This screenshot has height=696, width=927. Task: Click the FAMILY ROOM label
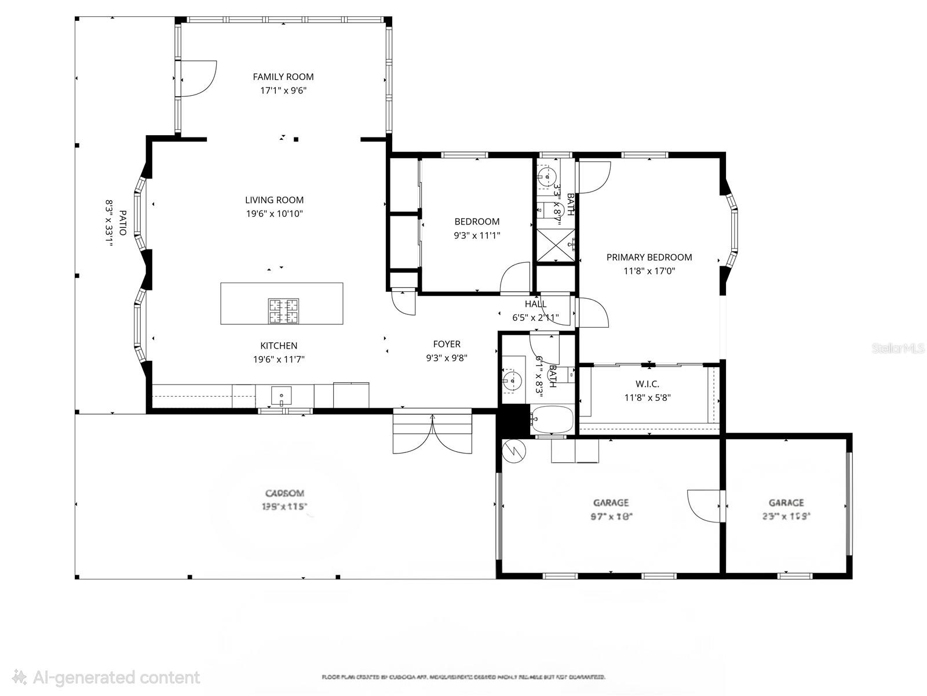click(x=283, y=77)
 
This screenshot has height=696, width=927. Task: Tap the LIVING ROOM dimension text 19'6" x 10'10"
click(x=274, y=214)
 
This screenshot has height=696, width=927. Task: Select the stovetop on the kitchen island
click(x=283, y=310)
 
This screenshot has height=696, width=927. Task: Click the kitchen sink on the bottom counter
click(x=282, y=396)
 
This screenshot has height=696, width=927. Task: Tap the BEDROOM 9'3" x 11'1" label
click(x=476, y=222)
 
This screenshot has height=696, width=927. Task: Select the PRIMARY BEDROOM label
click(x=649, y=258)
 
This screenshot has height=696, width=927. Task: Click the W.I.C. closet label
click(x=647, y=384)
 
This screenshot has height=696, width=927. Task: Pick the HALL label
click(x=535, y=304)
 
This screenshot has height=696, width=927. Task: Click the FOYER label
click(x=446, y=345)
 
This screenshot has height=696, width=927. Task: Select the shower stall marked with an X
click(x=556, y=245)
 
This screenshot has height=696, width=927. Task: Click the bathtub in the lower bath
click(x=552, y=419)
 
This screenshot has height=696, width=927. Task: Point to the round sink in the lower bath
click(x=512, y=380)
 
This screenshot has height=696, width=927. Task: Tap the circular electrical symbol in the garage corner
click(x=513, y=451)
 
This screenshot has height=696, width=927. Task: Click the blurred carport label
click(x=284, y=494)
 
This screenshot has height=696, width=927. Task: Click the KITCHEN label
click(x=279, y=346)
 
